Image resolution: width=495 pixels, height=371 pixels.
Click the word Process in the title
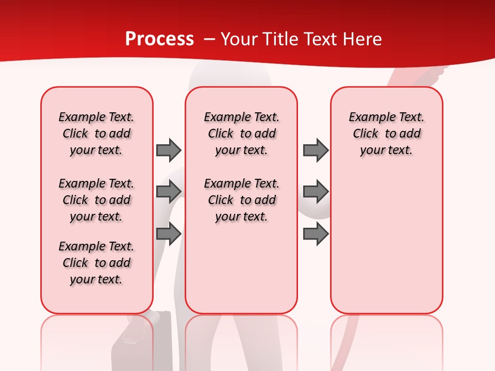(159, 39)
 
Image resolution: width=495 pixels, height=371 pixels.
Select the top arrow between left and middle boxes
(169, 150)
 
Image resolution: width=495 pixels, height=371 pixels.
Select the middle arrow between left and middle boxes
(169, 192)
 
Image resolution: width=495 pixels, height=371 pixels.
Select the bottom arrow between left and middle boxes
(169, 233)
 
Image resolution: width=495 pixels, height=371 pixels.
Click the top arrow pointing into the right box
(316, 150)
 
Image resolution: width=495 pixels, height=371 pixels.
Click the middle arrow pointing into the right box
(316, 192)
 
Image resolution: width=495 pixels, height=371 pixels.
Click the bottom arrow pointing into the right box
(316, 233)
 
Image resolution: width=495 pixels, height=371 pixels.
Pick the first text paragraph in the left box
(96, 133)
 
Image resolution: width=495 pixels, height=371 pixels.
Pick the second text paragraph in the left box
(96, 200)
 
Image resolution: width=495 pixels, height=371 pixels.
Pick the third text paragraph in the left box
(96, 263)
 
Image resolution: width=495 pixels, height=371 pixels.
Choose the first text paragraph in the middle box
(241, 133)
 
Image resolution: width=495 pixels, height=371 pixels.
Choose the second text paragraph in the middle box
(241, 200)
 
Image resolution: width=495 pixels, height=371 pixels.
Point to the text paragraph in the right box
(386, 133)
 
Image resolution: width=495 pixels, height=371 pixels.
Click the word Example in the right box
(367, 117)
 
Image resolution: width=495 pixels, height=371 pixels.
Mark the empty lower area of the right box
(386, 242)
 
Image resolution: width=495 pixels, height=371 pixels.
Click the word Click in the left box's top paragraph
(75, 134)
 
